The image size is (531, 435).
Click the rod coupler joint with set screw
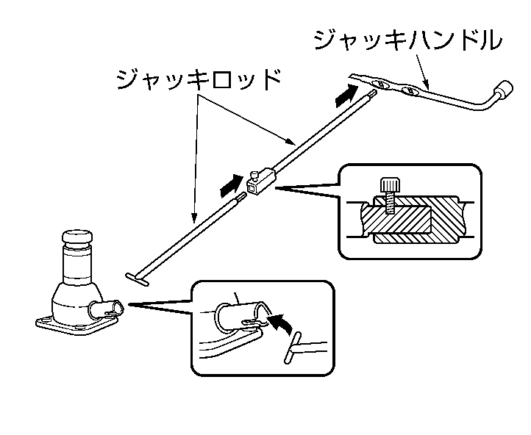(263, 180)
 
